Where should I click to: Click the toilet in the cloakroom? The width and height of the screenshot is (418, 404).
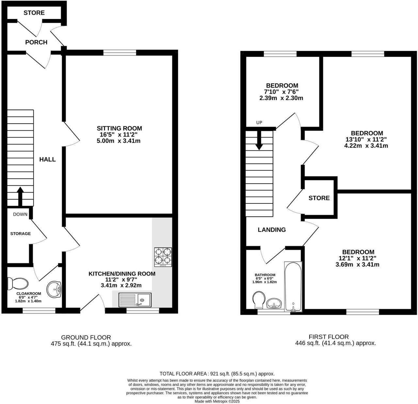click(x=18, y=283)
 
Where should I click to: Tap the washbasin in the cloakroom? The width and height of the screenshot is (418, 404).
click(x=54, y=290)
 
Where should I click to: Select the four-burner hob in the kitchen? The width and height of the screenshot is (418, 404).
click(x=163, y=257)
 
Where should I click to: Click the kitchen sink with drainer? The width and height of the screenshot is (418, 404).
click(x=135, y=300)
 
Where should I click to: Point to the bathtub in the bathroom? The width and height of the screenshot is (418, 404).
click(x=293, y=287)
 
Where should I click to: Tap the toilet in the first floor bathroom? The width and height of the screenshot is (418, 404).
click(x=259, y=300)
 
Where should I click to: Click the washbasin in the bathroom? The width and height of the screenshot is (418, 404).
click(x=274, y=304)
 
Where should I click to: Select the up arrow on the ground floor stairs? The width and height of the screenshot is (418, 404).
click(x=20, y=196)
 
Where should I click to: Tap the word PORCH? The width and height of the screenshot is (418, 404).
click(x=36, y=42)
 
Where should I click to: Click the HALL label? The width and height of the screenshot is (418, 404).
click(x=47, y=159)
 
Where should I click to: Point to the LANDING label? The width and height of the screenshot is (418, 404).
click(x=272, y=230)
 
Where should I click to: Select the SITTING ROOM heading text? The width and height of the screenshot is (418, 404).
click(x=119, y=128)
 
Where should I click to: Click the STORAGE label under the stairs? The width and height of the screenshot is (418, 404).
click(x=20, y=233)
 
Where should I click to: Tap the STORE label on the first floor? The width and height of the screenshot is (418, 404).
click(x=319, y=198)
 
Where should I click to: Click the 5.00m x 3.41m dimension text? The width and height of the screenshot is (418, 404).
click(x=119, y=141)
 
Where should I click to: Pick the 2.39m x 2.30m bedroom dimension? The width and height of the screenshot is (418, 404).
click(x=281, y=98)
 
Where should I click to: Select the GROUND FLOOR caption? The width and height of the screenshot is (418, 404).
click(x=86, y=337)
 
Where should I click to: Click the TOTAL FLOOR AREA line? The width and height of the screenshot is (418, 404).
click(x=217, y=374)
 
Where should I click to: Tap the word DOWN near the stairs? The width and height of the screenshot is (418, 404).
click(x=20, y=214)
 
